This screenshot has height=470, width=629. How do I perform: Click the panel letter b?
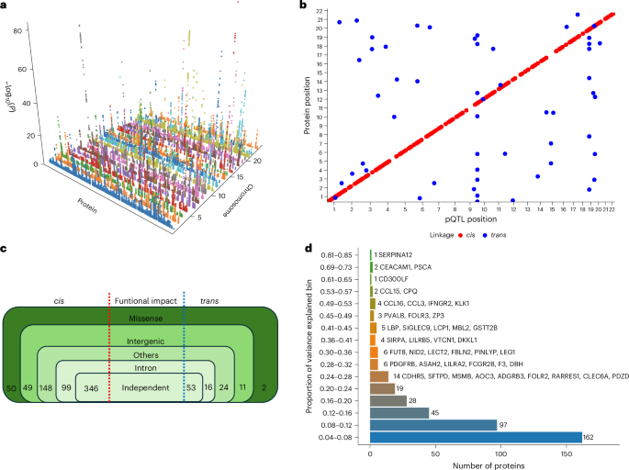303,6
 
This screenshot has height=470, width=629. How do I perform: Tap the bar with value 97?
432,424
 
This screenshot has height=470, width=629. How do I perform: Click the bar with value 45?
390,411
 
